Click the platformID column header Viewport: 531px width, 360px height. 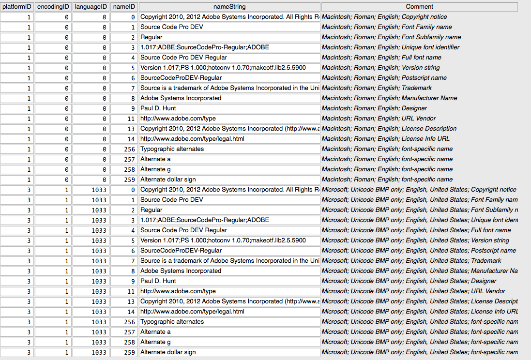(17, 7)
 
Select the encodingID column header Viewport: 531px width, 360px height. (53, 7)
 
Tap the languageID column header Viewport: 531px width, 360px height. (91, 7)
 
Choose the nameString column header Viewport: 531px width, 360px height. (229, 7)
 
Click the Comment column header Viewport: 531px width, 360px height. (419, 7)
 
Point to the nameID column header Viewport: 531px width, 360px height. (124, 7)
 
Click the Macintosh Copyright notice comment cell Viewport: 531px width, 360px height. (384, 17)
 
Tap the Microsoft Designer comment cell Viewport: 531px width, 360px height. (409, 281)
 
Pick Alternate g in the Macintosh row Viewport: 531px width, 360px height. (154, 169)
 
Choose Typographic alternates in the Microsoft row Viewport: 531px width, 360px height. (172, 322)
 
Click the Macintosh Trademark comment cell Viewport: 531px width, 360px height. (377, 88)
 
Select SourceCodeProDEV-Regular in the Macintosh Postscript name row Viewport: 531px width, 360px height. (181, 78)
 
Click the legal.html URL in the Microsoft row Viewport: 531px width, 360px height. (192, 312)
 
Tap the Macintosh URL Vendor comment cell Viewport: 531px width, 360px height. (379, 119)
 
